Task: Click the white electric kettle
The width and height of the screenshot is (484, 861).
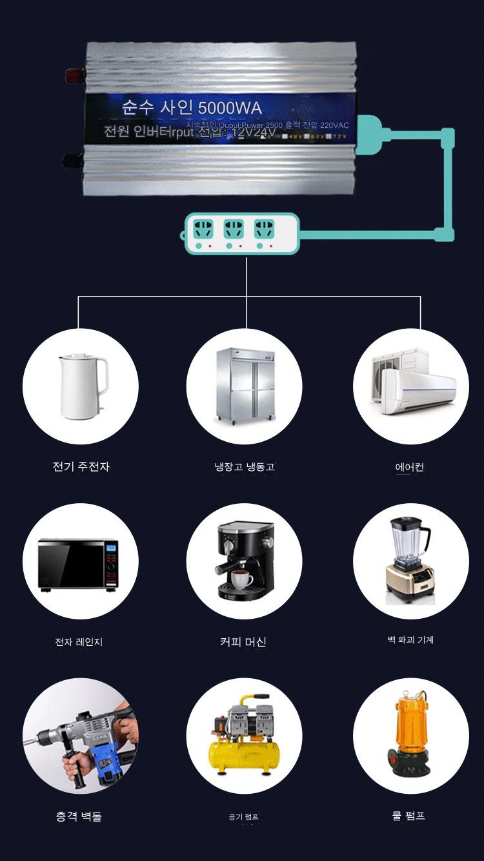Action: click(x=83, y=386)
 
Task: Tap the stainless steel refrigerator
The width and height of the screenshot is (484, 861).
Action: click(x=245, y=386)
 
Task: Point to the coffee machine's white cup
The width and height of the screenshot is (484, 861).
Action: click(x=242, y=579)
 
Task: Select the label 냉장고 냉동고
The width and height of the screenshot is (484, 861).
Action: click(x=245, y=466)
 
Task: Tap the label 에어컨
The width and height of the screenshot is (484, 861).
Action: click(x=410, y=466)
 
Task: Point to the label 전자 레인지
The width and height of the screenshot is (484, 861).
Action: click(x=79, y=641)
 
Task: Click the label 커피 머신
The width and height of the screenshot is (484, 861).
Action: click(x=243, y=641)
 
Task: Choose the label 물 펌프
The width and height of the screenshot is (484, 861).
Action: click(x=408, y=816)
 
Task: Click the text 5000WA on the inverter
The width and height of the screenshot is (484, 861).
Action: click(x=230, y=108)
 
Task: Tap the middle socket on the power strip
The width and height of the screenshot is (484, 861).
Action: click(x=234, y=229)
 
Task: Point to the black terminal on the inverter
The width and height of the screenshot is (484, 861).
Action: click(x=70, y=159)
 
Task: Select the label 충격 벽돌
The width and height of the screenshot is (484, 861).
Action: click(x=79, y=816)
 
